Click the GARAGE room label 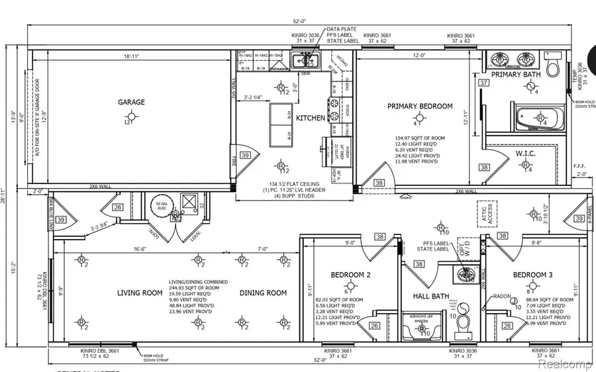[x=131, y=102]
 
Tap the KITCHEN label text [x=310, y=118]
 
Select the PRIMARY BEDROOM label [x=420, y=106]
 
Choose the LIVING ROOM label [x=140, y=293]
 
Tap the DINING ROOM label [x=263, y=293]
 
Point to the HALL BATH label [x=432, y=297]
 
